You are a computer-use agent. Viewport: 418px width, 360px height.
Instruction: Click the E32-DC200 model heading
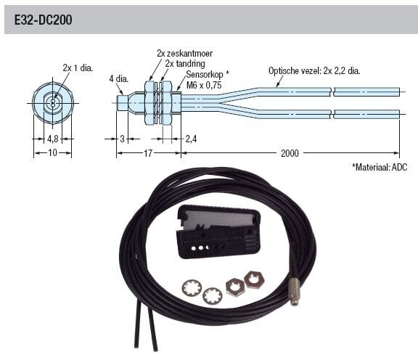tap(43, 20)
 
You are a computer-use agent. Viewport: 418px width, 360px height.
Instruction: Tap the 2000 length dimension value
tap(290, 153)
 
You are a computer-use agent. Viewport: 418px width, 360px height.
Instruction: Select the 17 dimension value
tap(148, 153)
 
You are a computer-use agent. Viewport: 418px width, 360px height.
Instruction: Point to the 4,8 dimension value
tap(52, 139)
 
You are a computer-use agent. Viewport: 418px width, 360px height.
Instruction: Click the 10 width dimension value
tap(52, 153)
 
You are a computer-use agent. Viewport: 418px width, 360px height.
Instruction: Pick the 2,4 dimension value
tap(191, 139)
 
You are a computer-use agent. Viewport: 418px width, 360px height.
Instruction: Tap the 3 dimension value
tap(122, 139)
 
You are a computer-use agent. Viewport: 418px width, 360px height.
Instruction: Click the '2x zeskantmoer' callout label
tap(184, 53)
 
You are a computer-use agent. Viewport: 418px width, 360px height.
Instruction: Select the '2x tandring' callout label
tap(185, 63)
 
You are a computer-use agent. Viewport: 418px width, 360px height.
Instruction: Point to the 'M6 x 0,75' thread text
tap(204, 86)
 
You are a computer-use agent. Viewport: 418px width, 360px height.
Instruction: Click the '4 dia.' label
tap(118, 79)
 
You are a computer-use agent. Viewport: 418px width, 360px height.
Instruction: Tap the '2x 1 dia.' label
tap(78, 68)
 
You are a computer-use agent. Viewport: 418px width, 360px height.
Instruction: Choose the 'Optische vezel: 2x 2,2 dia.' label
tap(314, 71)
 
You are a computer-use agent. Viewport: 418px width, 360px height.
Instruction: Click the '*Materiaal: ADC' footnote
tap(380, 167)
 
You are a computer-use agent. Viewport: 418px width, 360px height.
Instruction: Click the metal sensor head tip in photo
tap(295, 292)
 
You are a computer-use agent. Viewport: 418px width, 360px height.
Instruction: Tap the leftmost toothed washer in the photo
tap(192, 288)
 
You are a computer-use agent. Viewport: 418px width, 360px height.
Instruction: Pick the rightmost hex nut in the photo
tap(254, 279)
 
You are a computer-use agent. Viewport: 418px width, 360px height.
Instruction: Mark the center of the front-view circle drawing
tap(52, 103)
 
